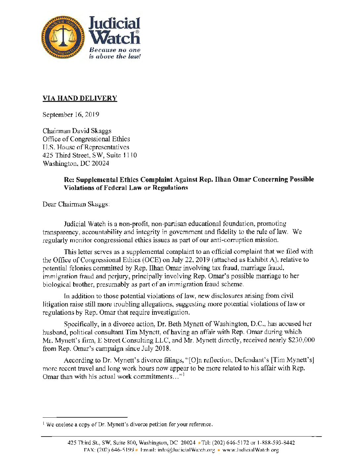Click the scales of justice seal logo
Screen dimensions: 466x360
63,38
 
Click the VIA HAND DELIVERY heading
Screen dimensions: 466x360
80,98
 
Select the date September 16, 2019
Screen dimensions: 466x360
71,115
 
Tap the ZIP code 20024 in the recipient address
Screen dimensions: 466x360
101,163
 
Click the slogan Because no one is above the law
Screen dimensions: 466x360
114,53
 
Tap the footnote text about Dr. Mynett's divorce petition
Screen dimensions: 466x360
129,424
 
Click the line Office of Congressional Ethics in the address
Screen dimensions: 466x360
86,139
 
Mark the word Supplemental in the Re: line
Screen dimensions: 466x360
97,179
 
